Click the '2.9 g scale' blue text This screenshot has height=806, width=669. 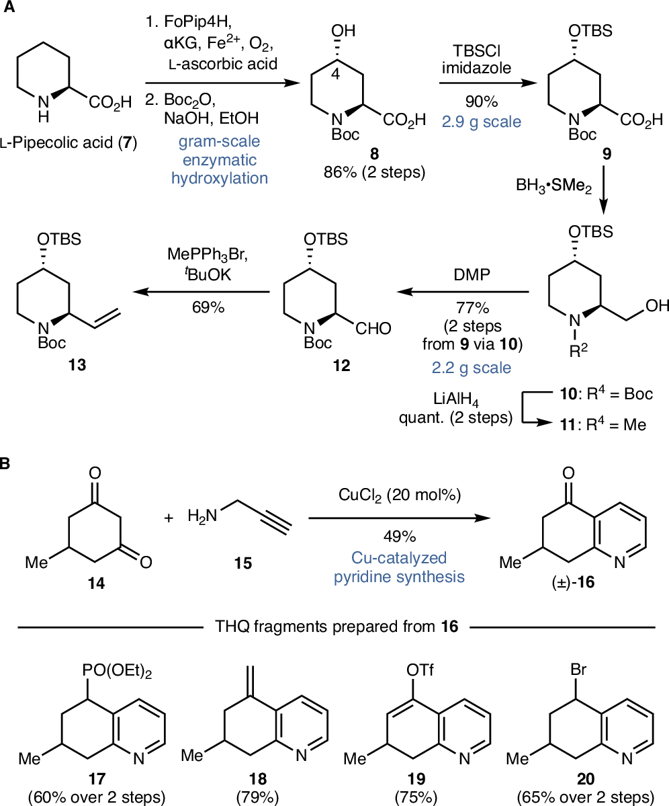[x=480, y=121]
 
